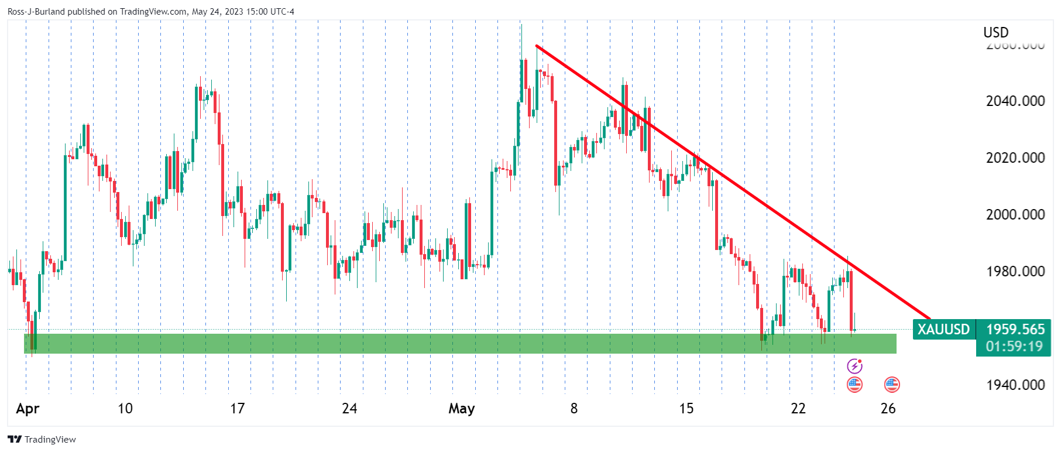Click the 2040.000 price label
tap(1015, 101)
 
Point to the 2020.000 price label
tap(1015, 158)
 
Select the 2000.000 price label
tap(1015, 215)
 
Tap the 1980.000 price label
tap(1015, 272)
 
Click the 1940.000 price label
tap(1015, 385)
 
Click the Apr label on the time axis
tap(28, 409)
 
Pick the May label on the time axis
tap(461, 409)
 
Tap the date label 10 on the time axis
tap(125, 409)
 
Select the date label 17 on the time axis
tap(237, 409)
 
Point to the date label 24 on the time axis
tap(349, 409)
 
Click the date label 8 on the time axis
tap(574, 409)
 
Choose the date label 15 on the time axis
tap(686, 409)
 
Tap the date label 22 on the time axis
tap(798, 409)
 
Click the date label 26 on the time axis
tap(888, 409)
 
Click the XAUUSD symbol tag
tap(943, 330)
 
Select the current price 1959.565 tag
tap(1015, 330)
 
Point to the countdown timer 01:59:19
tap(1015, 347)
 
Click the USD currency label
tap(996, 33)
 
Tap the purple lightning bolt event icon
tap(854, 367)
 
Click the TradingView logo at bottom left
tap(42, 440)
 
